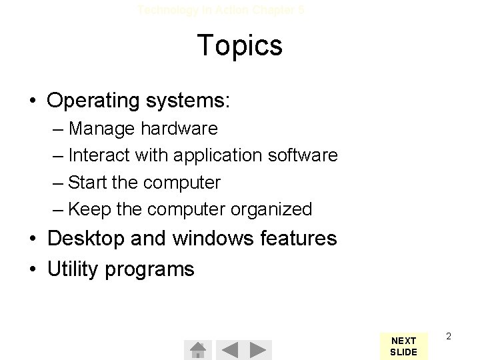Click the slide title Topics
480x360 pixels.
pos(239,46)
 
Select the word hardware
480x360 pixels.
pos(179,128)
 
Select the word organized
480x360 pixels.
pos(271,209)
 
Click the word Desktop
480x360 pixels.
pos(88,238)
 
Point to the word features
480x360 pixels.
pos(297,238)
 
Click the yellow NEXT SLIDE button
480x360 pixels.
pos(403,345)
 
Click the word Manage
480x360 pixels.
pos(103,128)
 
